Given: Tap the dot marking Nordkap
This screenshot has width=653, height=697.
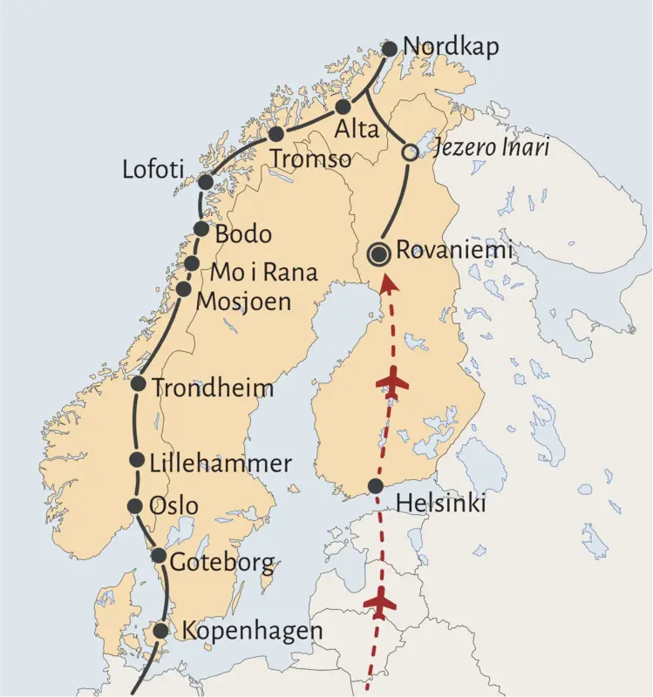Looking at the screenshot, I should pos(390,49).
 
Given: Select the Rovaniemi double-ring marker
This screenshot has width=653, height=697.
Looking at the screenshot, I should pos(380,254).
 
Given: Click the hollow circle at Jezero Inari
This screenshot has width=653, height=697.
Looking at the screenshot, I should pos(409,152).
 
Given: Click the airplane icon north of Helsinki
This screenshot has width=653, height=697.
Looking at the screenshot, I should pos(391,382).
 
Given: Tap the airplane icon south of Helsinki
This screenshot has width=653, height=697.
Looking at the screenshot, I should pos(379,601).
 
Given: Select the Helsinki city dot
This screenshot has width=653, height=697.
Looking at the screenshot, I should pos(375,486).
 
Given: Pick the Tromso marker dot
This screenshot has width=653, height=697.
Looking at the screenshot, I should pos(276,134).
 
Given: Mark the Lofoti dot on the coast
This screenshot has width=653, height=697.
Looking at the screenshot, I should pos(206,182).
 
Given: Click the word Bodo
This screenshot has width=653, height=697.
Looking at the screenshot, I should pos(243,234).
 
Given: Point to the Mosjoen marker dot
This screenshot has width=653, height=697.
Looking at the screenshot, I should pos(183,288).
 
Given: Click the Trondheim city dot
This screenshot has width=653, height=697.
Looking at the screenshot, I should pos(138,383).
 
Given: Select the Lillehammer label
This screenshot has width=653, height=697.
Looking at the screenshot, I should pos(221,464).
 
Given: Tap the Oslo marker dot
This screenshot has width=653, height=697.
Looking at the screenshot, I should pos(134,506).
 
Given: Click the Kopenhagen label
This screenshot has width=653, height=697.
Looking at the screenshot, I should pos(251,631).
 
